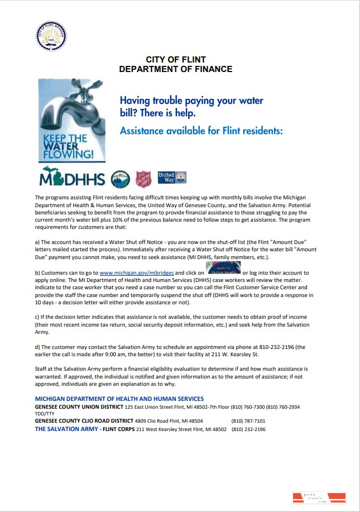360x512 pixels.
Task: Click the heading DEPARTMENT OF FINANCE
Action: pos(176,69)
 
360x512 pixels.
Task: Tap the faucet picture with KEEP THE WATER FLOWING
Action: pos(71,121)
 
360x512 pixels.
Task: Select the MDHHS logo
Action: pos(72,179)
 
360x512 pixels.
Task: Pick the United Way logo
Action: pos(172,178)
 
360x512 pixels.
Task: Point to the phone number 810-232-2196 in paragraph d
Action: pos(277,347)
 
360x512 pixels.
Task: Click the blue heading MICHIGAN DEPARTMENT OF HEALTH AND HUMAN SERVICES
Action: pos(119,399)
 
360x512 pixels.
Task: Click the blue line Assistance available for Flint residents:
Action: pos(201,131)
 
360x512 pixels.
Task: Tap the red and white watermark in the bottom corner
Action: pos(319,498)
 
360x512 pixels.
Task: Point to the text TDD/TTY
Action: pos(46,414)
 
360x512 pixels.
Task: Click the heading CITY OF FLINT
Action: pos(176,60)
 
